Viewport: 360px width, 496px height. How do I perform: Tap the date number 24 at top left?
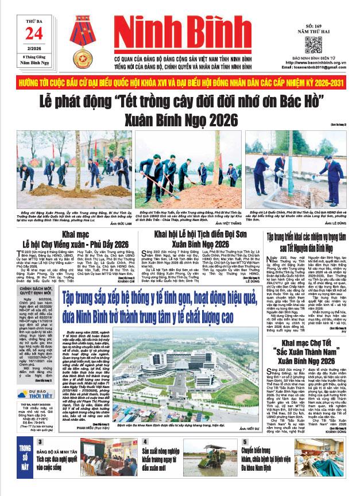30,35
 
